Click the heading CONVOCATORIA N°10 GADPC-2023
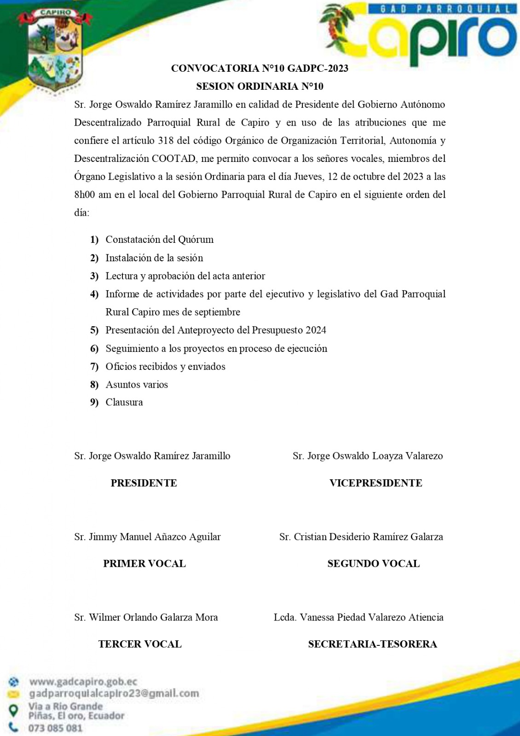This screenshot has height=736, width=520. click(x=260, y=69)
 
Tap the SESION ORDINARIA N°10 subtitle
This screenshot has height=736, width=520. click(x=260, y=86)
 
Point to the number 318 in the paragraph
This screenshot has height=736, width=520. click(x=166, y=141)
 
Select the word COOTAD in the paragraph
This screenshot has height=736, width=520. click(x=174, y=159)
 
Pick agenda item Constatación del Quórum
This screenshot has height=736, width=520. click(x=159, y=240)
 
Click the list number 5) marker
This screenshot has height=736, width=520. click(x=94, y=330)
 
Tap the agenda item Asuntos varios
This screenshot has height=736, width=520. click(x=137, y=385)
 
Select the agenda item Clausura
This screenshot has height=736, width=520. click(x=124, y=402)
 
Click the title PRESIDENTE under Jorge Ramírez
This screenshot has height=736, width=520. click(x=144, y=483)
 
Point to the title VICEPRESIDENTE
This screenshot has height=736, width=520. click(x=376, y=483)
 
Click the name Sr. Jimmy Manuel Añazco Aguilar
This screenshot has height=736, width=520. click(x=147, y=537)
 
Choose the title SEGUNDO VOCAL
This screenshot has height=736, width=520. click(x=373, y=564)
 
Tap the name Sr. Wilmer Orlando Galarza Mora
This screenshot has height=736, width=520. click(x=146, y=617)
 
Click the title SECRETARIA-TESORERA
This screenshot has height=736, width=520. click(x=372, y=644)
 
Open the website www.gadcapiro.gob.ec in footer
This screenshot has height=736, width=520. click(x=83, y=682)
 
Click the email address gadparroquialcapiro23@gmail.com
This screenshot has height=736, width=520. click(x=114, y=693)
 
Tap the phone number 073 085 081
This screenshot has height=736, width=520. click(x=55, y=728)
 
